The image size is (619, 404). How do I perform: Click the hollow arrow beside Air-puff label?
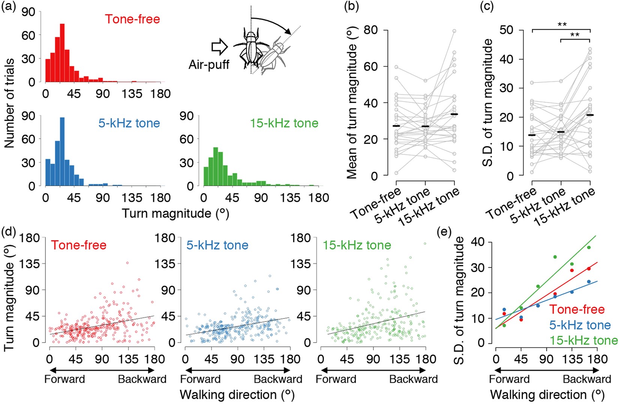click(x=220, y=47)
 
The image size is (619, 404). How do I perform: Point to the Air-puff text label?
click(x=209, y=64)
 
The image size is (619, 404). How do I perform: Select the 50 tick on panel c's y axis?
click(x=507, y=30)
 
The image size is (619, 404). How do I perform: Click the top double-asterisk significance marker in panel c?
click(x=562, y=25)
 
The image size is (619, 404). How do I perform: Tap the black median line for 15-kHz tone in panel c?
click(x=590, y=115)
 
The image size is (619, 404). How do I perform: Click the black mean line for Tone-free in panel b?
click(x=396, y=126)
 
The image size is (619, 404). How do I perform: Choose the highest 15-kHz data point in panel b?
click(x=454, y=31)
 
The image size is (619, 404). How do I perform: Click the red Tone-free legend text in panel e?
click(x=577, y=309)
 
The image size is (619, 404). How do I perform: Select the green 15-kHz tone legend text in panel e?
click(x=583, y=340)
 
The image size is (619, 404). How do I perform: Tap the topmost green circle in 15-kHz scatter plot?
click(x=425, y=244)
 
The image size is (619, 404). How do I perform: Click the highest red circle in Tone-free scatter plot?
click(x=127, y=263)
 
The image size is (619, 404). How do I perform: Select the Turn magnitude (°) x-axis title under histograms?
click(x=175, y=214)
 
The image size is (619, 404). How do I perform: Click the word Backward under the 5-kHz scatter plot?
click(x=278, y=379)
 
